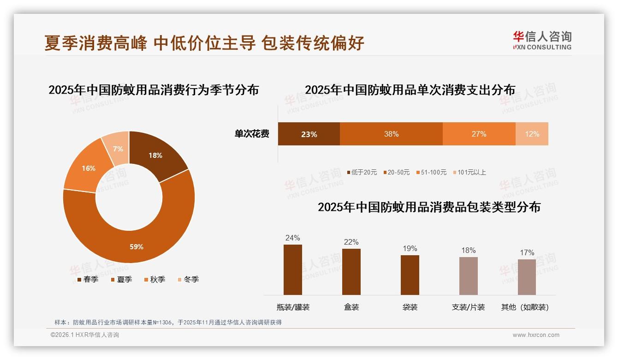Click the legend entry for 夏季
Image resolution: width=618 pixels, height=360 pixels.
pyautogui.click(x=121, y=279)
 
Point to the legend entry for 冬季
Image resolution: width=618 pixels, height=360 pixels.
pyautogui.click(x=188, y=279)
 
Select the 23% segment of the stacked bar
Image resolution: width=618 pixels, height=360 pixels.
pyautogui.click(x=309, y=134)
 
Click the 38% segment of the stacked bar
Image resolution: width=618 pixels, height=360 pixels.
pyautogui.click(x=391, y=134)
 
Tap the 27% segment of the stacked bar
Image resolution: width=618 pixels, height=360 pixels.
pyautogui.click(x=479, y=134)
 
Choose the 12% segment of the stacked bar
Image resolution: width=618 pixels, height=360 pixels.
pyautogui.click(x=532, y=134)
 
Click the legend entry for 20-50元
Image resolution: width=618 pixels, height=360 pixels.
pyautogui.click(x=396, y=172)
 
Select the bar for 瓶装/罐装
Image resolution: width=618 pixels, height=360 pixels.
pyautogui.click(x=293, y=270)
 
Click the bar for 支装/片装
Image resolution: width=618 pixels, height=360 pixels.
pyautogui.click(x=468, y=276)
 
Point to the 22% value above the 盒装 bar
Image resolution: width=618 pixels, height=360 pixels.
pyautogui.click(x=351, y=242)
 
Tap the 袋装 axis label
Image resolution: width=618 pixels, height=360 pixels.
pyautogui.click(x=410, y=307)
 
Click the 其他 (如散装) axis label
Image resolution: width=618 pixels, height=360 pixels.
pyautogui.click(x=525, y=307)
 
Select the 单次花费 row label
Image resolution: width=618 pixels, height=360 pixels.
pyautogui.click(x=252, y=134)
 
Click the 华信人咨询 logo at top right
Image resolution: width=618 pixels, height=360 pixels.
pyautogui.click(x=542, y=40)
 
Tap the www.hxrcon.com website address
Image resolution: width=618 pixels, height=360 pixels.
pyautogui.click(x=536, y=335)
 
